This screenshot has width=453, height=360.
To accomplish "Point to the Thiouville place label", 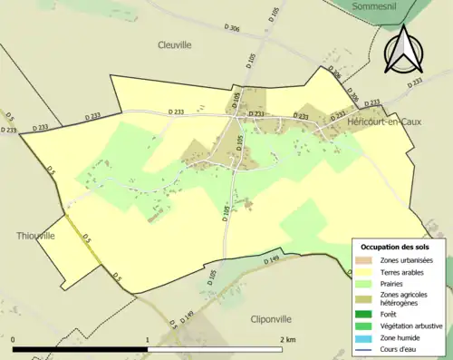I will [35, 236].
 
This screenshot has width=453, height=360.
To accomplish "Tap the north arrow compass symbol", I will [404, 49].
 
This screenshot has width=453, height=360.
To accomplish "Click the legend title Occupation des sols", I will [396, 248].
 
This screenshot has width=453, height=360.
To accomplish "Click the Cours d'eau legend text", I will [399, 350].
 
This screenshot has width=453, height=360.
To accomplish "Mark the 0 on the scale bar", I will [14, 340].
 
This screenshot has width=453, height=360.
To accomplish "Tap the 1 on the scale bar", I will [148, 340].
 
